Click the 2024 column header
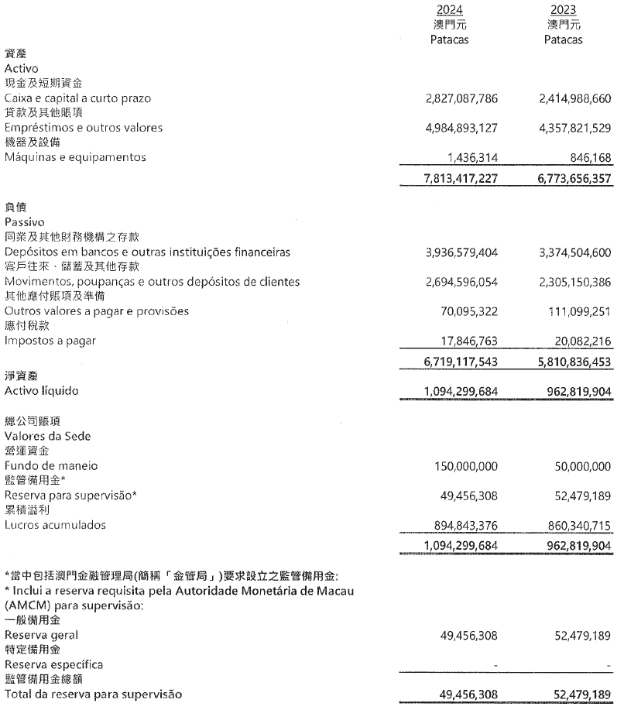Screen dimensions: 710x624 tap(450, 9)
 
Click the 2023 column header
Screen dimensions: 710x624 tap(564, 9)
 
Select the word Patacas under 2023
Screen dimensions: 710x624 tap(564, 39)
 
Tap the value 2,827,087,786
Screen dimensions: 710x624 tap(462, 98)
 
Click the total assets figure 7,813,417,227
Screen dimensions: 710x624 tap(462, 179)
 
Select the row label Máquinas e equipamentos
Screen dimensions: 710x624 tap(75, 157)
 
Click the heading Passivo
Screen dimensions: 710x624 tap(25, 221)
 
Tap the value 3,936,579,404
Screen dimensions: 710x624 tap(462, 252)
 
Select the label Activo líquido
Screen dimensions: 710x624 tap(42, 390)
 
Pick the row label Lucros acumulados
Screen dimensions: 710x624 tap(55, 526)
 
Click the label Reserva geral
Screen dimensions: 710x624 tap(41, 634)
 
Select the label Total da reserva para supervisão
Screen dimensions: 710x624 tap(94, 694)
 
